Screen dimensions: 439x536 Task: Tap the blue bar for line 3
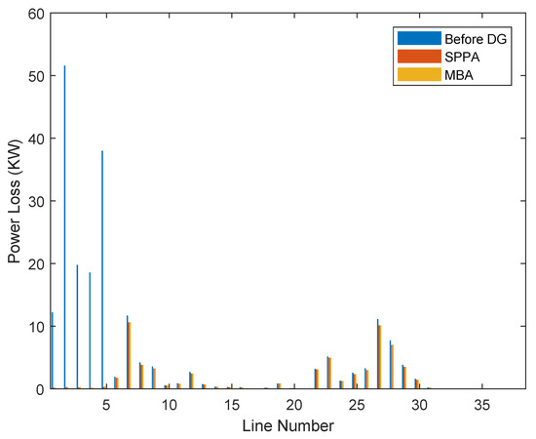[77, 327]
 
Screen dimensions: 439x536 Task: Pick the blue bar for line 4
[90, 330]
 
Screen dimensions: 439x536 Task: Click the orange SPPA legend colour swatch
[407, 56]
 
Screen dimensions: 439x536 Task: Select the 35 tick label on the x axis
[481, 404]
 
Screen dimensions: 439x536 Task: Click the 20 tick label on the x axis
[293, 404]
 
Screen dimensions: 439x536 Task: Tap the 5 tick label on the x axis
[106, 404]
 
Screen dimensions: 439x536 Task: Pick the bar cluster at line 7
[129, 353]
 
